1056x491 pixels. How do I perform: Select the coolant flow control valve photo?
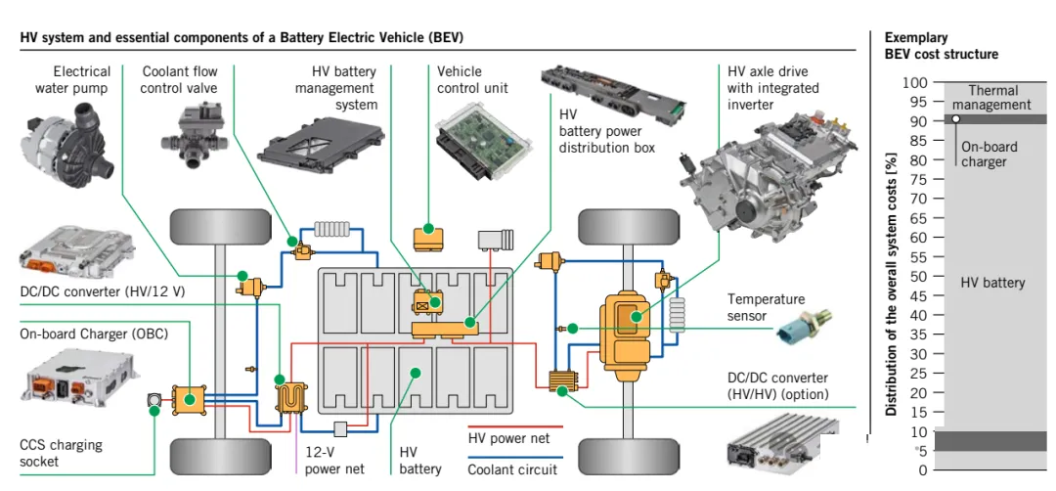click(188, 137)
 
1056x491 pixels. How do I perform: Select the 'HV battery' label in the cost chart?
click(992, 283)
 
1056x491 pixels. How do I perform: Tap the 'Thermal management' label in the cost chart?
click(992, 98)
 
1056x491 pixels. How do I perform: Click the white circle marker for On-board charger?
click(956, 119)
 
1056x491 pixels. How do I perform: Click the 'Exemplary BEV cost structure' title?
click(941, 46)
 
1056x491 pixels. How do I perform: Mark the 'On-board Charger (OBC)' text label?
click(94, 334)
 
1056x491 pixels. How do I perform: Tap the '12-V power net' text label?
click(334, 461)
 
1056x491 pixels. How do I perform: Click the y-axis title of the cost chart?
click(891, 284)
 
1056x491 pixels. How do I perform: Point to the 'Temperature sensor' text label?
click(766, 306)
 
